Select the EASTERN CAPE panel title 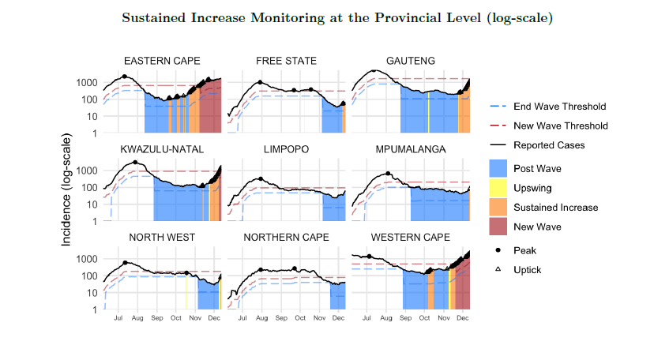coord(162,61)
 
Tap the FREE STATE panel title coord(286,61)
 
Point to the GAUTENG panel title coord(411,61)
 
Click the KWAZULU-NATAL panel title coord(162,149)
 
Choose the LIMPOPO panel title coord(286,149)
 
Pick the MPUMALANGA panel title coord(411,149)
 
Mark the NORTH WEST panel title coord(162,237)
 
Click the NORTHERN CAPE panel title coord(286,237)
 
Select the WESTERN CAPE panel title coord(411,237)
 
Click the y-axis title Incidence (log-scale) coord(69,189)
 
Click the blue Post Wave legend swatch coord(499,168)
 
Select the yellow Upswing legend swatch coord(499,188)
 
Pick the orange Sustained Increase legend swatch coord(499,208)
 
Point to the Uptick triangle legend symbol coord(499,269)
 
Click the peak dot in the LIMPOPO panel coord(260,179)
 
